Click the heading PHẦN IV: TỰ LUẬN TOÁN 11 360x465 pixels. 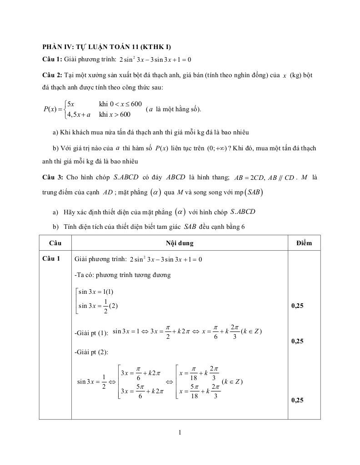click(x=106, y=47)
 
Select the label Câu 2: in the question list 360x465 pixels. click(x=52, y=75)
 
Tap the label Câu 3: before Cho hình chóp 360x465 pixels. click(x=52, y=177)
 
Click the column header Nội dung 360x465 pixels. click(x=180, y=243)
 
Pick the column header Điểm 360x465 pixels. click(x=304, y=243)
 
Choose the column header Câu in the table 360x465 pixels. click(x=55, y=243)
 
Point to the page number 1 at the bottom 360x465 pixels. click(x=180, y=432)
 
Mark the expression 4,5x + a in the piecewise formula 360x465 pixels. click(x=79, y=114)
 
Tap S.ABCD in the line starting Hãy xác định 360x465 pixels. click(x=243, y=212)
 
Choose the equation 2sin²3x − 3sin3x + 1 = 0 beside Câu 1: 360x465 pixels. click(x=155, y=59)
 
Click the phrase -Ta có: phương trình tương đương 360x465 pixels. click(x=122, y=275)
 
